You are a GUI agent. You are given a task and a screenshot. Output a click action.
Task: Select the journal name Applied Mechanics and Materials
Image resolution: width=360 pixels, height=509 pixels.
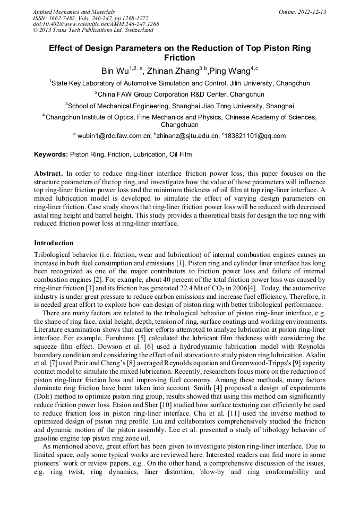click(74, 12)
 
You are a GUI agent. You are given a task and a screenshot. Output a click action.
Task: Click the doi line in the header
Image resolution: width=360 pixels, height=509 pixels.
click(96, 24)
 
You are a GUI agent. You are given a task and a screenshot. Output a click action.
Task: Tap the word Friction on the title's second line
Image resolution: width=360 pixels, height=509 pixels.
click(179, 57)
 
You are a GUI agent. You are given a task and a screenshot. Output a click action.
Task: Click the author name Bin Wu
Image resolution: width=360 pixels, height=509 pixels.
click(114, 71)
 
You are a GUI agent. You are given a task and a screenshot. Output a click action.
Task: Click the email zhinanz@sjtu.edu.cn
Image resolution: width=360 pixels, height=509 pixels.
click(187, 136)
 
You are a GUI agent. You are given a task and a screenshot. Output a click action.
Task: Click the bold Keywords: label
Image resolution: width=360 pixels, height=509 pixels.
click(51, 154)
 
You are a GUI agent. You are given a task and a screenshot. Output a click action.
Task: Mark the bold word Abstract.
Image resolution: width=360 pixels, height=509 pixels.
click(49, 174)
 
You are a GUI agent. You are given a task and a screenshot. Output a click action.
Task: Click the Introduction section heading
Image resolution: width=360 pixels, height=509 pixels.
click(54, 243)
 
